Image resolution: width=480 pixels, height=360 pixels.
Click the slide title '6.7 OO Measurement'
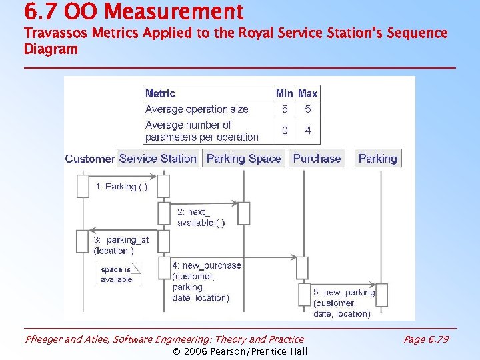point(133,11)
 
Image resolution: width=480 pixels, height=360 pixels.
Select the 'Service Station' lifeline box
point(158,159)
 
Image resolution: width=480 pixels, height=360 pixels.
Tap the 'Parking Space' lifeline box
point(243,159)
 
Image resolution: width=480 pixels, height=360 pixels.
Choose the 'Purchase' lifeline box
point(317,159)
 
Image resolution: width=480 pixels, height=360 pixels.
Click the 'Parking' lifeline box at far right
point(377,159)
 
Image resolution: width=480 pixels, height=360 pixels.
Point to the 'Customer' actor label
point(89,159)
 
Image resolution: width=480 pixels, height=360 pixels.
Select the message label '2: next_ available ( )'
point(201,217)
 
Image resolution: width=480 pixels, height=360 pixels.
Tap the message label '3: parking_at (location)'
point(121,245)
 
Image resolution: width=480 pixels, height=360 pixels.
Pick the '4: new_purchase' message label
point(207,265)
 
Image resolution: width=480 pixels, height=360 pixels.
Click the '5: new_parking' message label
point(344,293)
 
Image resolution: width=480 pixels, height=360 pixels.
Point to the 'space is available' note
point(117,274)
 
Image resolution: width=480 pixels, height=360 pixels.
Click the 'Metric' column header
point(160,94)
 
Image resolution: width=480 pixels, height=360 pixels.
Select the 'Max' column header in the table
point(307,94)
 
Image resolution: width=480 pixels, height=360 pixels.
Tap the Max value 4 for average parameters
point(307,131)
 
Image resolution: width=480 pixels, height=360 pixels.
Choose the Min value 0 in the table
point(285,131)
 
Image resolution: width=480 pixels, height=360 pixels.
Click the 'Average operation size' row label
point(197,109)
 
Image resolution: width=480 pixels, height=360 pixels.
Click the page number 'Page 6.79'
point(426,339)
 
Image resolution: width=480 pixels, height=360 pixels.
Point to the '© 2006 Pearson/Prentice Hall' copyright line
point(240,351)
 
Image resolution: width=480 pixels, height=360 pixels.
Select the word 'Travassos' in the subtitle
point(51,33)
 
